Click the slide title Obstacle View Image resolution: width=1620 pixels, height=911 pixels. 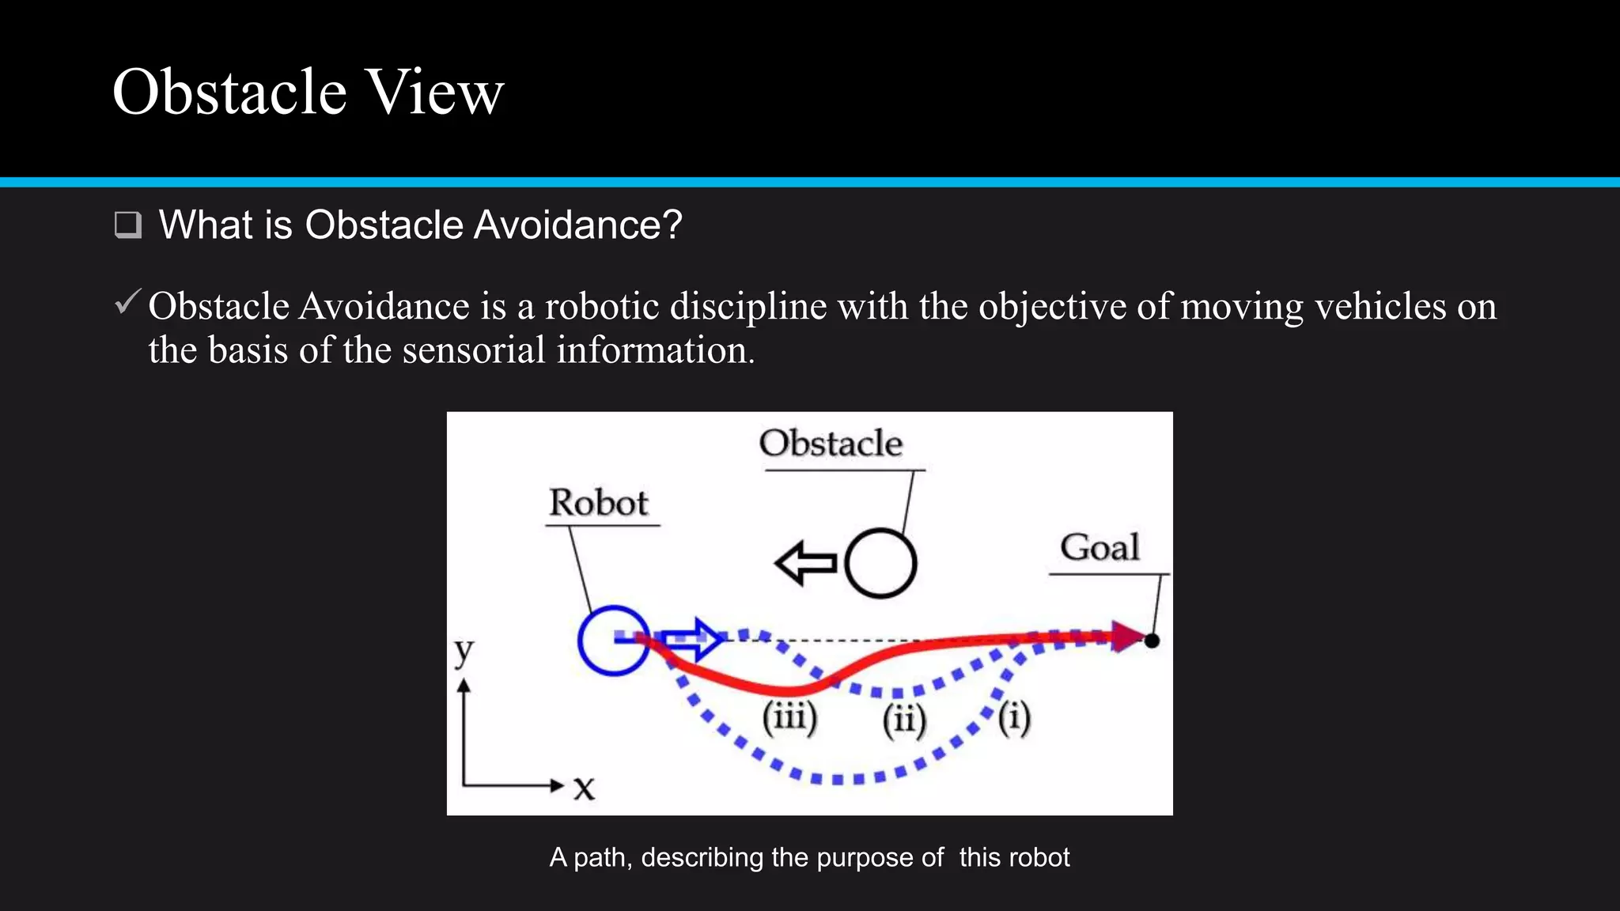pyautogui.click(x=308, y=93)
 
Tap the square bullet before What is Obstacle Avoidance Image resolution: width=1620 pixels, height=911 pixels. pyautogui.click(x=127, y=225)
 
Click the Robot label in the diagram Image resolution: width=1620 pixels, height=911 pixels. pyautogui.click(x=599, y=503)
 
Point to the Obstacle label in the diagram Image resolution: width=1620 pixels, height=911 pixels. pyautogui.click(x=831, y=443)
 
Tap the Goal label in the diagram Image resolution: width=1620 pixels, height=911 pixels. pyautogui.click(x=1100, y=547)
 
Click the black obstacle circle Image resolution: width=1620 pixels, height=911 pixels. pyautogui.click(x=880, y=563)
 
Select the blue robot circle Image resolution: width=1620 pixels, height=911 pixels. pyautogui.click(x=613, y=640)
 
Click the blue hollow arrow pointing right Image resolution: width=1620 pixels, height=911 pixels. pyautogui.click(x=691, y=638)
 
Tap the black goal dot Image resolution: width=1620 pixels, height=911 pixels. pyautogui.click(x=1153, y=641)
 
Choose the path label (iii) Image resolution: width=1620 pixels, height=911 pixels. pyautogui.click(x=789, y=717)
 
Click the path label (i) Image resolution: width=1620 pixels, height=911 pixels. pyautogui.click(x=1014, y=717)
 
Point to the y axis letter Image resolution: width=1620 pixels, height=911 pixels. pyautogui.click(x=464, y=652)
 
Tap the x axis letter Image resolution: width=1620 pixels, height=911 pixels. pyautogui.click(x=584, y=788)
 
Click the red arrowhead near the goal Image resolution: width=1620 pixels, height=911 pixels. pyautogui.click(x=1127, y=636)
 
